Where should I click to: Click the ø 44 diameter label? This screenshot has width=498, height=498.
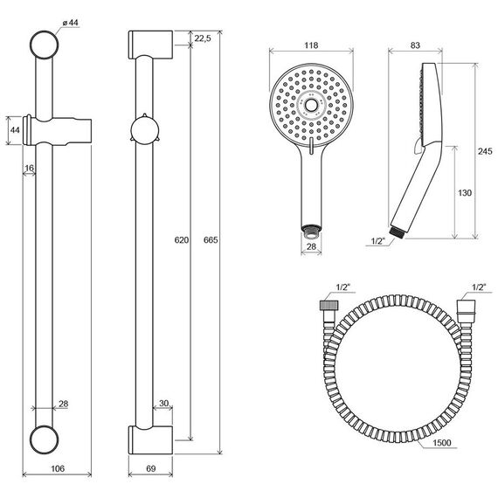70,23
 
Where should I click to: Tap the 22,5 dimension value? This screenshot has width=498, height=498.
203,38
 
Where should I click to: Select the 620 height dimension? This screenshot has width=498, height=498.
182,239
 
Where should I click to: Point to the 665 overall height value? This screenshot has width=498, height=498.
211,239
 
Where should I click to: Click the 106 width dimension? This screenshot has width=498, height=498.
58,468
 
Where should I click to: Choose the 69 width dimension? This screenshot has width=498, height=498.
151,468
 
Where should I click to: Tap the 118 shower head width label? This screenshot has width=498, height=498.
311,45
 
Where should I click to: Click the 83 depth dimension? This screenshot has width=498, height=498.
415,45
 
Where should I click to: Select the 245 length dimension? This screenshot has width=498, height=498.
485,151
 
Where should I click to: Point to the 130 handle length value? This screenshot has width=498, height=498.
465,193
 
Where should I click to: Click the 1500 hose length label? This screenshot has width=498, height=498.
442,442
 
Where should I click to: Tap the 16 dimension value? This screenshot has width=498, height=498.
29,168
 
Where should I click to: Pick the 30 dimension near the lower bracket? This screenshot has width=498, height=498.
163,404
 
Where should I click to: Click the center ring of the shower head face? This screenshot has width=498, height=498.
311,105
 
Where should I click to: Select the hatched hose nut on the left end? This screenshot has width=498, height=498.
329,305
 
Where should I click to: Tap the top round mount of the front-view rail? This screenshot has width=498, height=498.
45,45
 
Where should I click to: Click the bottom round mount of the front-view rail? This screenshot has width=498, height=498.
45,439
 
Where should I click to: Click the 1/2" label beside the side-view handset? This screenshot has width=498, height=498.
378,241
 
